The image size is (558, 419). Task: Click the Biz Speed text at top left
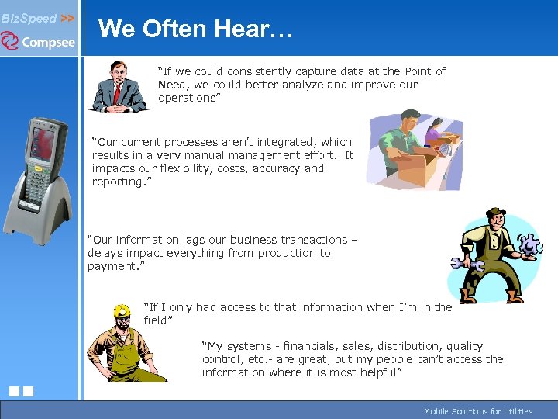(x=29, y=17)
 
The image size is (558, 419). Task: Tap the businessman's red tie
(x=117, y=92)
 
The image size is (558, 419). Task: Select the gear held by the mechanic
(x=529, y=247)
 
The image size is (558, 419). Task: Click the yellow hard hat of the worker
(x=122, y=312)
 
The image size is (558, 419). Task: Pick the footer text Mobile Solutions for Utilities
(x=478, y=411)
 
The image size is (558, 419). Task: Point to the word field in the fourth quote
(x=156, y=320)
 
